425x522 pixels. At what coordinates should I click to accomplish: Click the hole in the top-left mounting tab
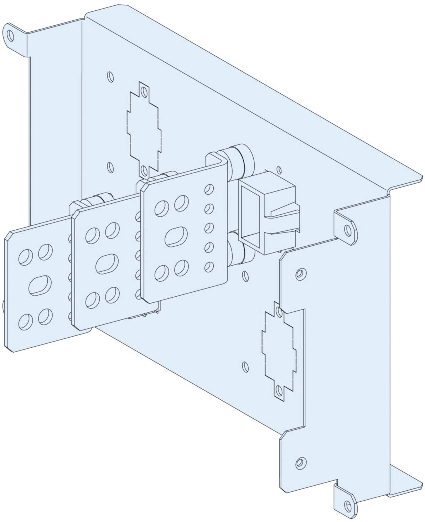coord(10,35)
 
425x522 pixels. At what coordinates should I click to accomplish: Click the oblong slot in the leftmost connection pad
coord(40,285)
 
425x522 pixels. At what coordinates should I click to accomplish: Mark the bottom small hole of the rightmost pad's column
coord(209,266)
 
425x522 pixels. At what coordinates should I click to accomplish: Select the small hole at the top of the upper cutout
coord(144,92)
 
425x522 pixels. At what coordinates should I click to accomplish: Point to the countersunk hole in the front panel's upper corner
coord(300,273)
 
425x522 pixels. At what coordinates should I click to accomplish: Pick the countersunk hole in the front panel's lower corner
coord(300,462)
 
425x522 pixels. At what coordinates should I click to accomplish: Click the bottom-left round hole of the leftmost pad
coord(25,322)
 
